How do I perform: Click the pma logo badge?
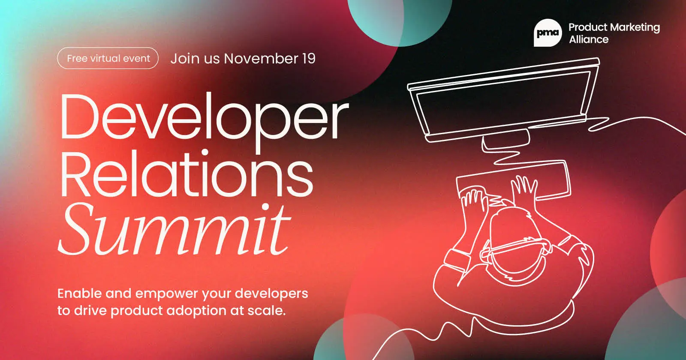tap(548, 33)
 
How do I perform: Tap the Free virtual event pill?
tap(108, 58)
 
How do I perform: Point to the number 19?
tap(308, 58)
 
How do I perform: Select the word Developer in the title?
tap(204, 118)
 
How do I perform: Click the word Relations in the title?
tap(187, 176)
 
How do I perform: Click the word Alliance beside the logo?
tap(589, 40)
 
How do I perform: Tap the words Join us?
tap(195, 58)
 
